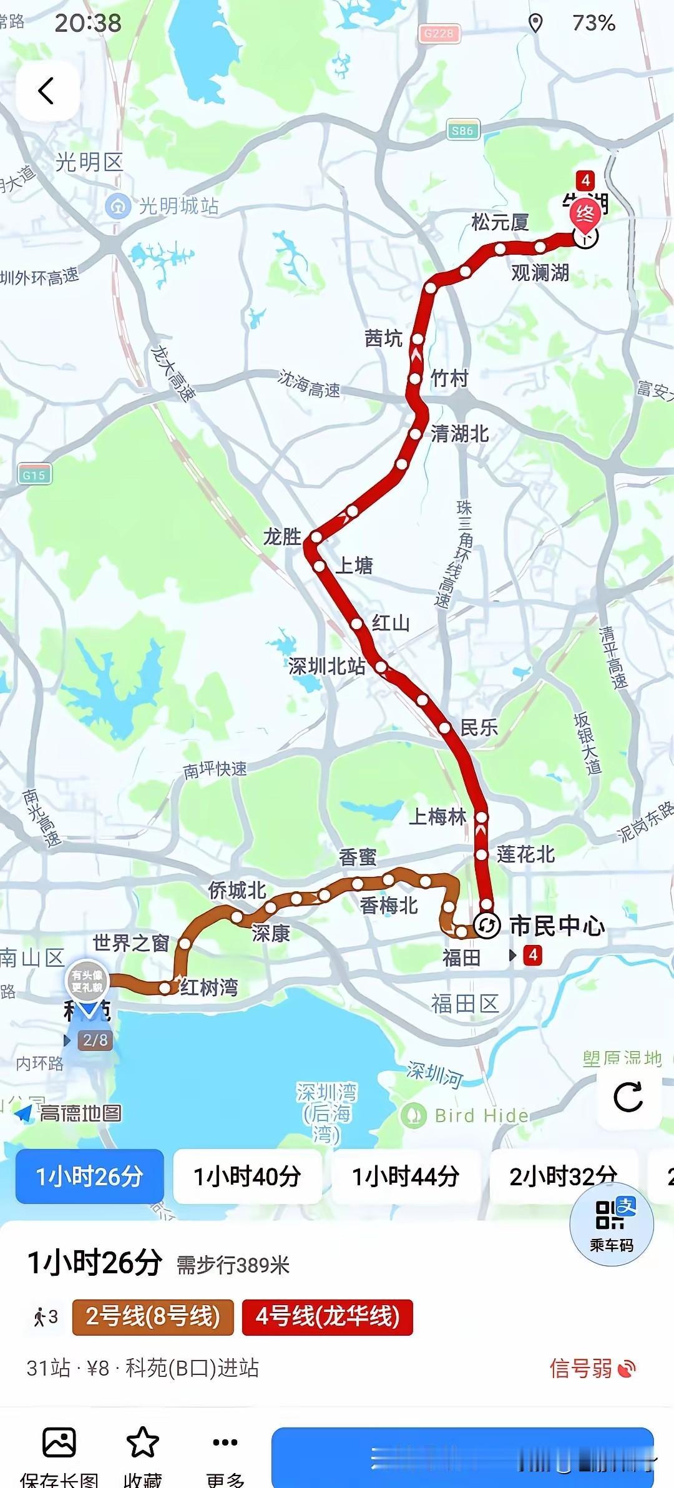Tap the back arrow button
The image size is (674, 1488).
pyautogui.click(x=47, y=91)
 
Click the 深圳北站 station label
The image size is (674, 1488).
pyautogui.click(x=326, y=666)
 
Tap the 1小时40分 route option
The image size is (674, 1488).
pyautogui.click(x=247, y=1177)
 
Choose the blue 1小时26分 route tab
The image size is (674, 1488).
pyautogui.click(x=90, y=1177)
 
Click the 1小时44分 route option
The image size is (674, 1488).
pyautogui.click(x=406, y=1177)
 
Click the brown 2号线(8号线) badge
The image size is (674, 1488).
pyautogui.click(x=153, y=1317)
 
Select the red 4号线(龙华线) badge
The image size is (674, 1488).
pyautogui.click(x=327, y=1317)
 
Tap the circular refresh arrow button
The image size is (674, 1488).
pyautogui.click(x=628, y=1097)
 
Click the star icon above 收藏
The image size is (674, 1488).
pyautogui.click(x=143, y=1442)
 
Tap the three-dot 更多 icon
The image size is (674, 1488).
pyautogui.click(x=225, y=1442)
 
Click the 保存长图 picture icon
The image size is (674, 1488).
pyautogui.click(x=59, y=1442)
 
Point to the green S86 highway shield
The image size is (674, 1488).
pyautogui.click(x=462, y=130)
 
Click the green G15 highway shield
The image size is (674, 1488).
pyautogui.click(x=34, y=475)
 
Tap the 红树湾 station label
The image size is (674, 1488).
pyautogui.click(x=209, y=987)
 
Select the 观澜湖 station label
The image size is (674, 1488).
pyautogui.click(x=540, y=273)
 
